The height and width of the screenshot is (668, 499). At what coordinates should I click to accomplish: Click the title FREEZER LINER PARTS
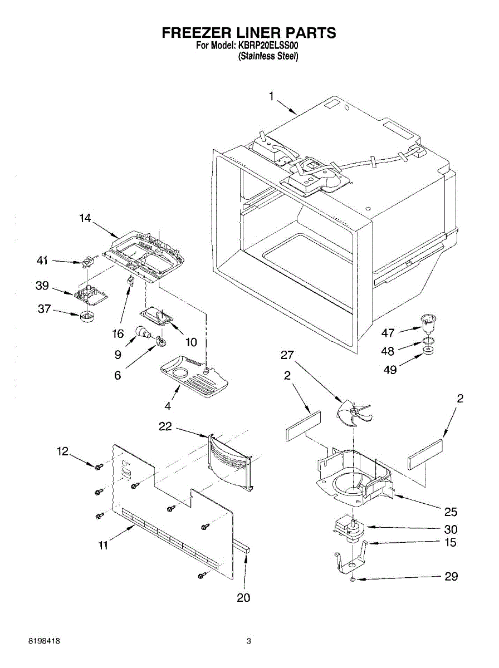click(249, 33)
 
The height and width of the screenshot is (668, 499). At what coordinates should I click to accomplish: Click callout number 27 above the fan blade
click(287, 355)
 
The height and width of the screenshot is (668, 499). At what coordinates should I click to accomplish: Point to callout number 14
click(85, 219)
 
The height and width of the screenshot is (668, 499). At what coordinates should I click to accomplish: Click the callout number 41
click(43, 260)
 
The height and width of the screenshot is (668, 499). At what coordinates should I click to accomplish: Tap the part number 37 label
click(45, 309)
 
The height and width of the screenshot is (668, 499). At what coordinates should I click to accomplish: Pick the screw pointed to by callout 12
click(99, 466)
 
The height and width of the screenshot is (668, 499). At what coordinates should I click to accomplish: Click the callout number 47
click(388, 333)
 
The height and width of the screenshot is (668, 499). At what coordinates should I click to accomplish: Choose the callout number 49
click(390, 369)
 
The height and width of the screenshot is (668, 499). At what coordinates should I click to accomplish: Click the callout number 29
click(451, 577)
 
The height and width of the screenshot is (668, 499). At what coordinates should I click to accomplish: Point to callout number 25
click(451, 511)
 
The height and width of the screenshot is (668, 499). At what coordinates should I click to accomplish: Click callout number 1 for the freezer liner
click(271, 97)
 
